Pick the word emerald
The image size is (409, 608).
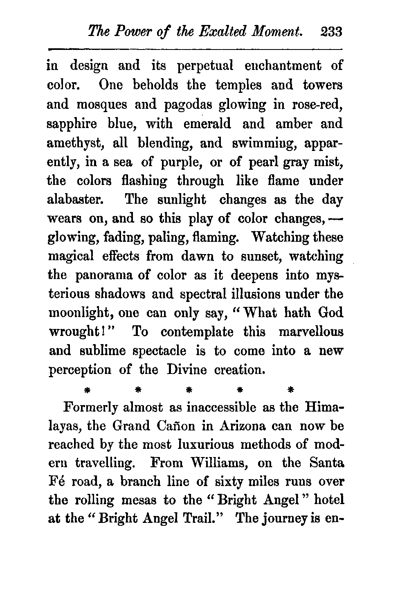(207, 124)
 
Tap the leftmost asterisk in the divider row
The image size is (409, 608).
(87, 389)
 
